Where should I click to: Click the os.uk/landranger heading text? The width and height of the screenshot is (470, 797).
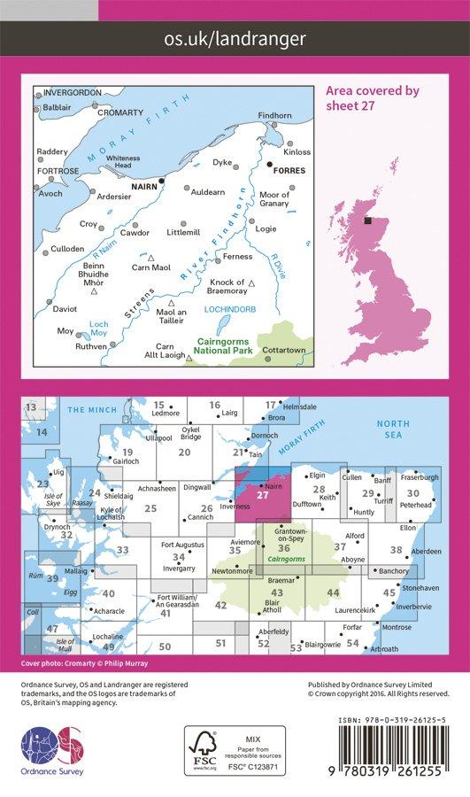[x=235, y=38]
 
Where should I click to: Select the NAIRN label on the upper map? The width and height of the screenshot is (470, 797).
[x=143, y=188]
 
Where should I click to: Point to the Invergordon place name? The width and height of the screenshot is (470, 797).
[x=66, y=91]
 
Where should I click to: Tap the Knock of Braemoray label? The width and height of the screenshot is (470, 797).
[x=217, y=287]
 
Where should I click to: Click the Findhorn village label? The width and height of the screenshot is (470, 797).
[x=274, y=116]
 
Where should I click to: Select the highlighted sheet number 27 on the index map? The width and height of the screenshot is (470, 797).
[x=261, y=495]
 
